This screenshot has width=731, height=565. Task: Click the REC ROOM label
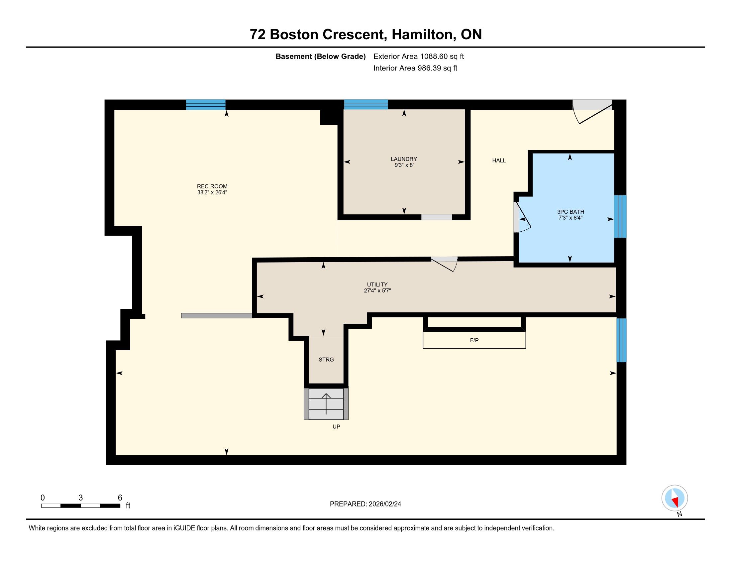point(212,186)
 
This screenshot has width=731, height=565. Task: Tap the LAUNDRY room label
point(404,159)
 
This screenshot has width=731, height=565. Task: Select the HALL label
point(499,161)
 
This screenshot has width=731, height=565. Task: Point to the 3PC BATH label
point(571,211)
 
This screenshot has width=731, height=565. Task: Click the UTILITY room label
point(377,284)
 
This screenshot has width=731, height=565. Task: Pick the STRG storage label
point(326,360)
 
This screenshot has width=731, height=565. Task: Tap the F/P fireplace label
point(474,340)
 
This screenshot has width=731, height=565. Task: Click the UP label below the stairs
point(336,427)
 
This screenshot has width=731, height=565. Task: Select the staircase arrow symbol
point(326,404)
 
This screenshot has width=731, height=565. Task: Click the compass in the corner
point(675,498)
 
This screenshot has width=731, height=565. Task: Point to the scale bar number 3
point(81,498)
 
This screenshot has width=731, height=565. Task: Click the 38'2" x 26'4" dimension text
point(212,192)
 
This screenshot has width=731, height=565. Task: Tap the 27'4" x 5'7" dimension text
point(377,290)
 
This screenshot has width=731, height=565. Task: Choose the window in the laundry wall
point(366,104)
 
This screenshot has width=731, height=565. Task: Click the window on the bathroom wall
point(620,216)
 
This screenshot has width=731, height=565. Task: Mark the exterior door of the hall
point(592,112)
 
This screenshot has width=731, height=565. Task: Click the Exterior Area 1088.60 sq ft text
point(419,56)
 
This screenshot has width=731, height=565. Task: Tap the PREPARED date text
point(365,504)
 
